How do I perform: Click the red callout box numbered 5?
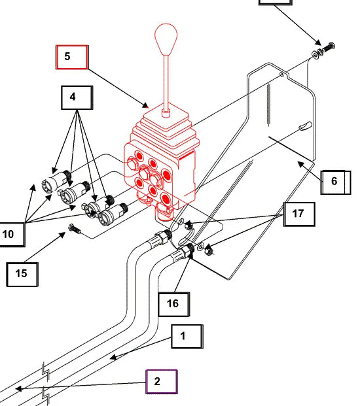72,57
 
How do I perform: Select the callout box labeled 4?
77,97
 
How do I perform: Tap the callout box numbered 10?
12,234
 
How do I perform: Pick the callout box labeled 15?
22,275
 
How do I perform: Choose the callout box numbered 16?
173,305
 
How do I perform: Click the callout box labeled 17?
299,214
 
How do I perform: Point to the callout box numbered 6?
336,182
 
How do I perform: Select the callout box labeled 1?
187,336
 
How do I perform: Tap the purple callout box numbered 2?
162,382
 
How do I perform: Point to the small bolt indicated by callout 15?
74,229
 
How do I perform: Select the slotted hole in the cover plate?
305,126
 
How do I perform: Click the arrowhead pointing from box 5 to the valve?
146,105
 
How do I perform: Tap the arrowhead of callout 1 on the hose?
113,358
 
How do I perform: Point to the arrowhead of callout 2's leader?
19,388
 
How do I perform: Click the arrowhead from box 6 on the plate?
301,164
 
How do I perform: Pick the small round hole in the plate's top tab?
281,75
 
